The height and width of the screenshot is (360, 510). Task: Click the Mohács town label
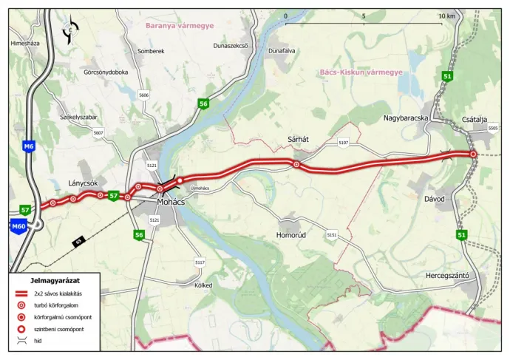coord(171,201)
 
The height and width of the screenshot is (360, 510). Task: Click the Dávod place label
coord(435,200)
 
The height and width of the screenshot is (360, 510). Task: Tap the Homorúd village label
coord(290,235)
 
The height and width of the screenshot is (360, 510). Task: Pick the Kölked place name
coord(203,285)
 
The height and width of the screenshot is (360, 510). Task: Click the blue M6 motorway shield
coord(29,146)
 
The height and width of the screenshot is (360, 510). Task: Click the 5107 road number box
coord(343,142)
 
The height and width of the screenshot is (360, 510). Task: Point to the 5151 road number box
coord(332,235)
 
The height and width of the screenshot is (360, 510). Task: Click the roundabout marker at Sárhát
coord(296,165)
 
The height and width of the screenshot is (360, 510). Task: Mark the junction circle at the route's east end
coord(473,154)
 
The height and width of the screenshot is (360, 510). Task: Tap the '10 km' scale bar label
coord(446,16)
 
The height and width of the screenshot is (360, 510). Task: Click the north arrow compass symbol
coord(70,31)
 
